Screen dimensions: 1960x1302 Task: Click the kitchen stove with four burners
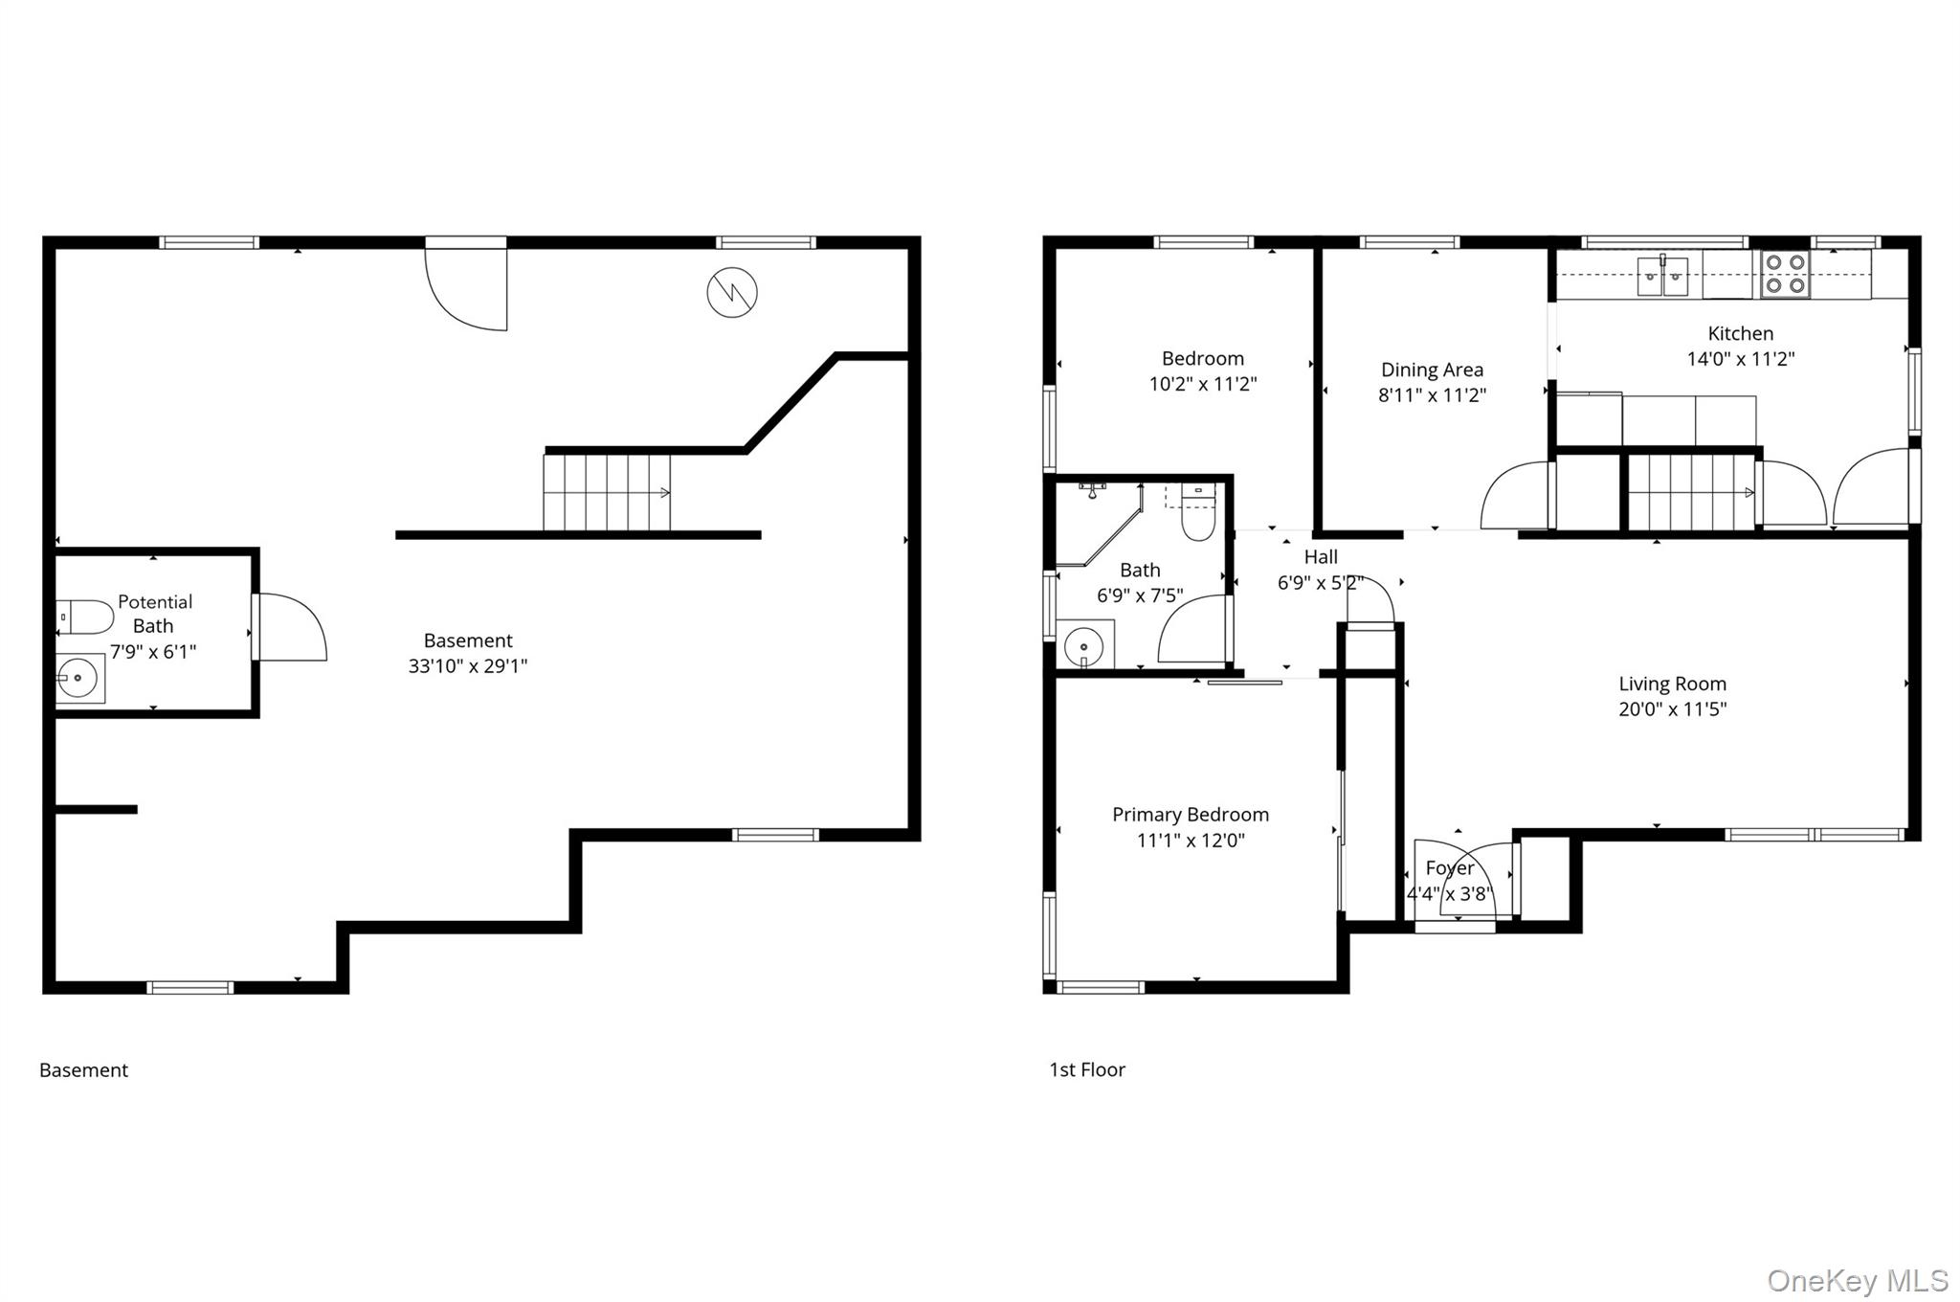click(x=1785, y=274)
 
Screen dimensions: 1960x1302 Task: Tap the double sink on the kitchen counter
click(x=1662, y=276)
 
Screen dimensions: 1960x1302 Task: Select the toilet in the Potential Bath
click(x=84, y=617)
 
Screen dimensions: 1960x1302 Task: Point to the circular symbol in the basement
click(x=732, y=292)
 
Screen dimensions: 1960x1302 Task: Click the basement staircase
click(x=607, y=492)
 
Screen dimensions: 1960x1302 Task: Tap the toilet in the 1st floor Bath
click(x=1198, y=512)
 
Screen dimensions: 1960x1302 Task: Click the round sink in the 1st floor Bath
click(x=1084, y=645)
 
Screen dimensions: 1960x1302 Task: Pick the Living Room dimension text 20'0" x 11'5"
click(x=1672, y=709)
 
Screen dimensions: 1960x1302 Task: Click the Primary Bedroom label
click(x=1191, y=815)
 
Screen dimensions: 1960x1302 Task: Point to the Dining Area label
click(x=1432, y=370)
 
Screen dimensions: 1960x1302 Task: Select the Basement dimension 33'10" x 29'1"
click(x=468, y=666)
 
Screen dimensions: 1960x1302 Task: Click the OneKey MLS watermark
click(x=1858, y=1280)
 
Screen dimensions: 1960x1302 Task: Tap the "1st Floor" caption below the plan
click(x=1087, y=1069)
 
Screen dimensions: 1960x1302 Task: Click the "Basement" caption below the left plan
click(x=83, y=1070)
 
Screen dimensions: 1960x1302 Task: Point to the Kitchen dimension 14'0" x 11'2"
click(x=1740, y=359)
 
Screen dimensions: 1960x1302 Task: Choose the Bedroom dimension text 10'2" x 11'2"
click(x=1203, y=384)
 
